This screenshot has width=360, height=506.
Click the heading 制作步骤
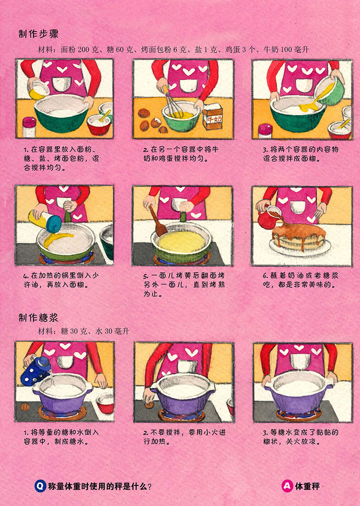tap(38, 33)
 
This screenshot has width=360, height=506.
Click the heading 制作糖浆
tap(38, 317)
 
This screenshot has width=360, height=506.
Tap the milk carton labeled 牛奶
tap(212, 116)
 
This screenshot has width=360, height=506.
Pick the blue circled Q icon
tap(40, 486)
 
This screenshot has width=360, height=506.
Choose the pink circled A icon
tap(287, 486)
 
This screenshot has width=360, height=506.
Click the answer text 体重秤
tap(307, 486)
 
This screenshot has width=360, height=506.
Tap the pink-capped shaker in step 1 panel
tap(29, 126)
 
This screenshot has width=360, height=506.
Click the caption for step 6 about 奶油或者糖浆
tap(300, 280)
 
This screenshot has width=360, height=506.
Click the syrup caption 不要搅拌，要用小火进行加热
tap(184, 436)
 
